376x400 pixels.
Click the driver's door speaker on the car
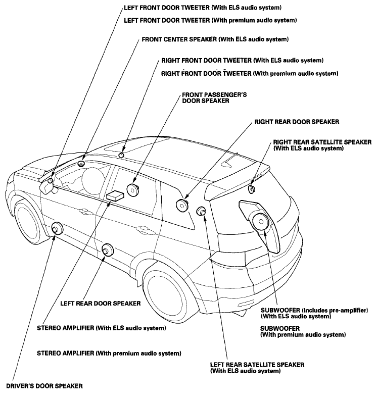(x=57, y=228)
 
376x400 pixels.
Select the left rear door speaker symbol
(x=107, y=249)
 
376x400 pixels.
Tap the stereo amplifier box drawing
(x=115, y=195)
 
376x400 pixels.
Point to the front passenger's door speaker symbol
(x=132, y=189)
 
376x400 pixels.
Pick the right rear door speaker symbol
(x=182, y=206)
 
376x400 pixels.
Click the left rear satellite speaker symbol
(x=201, y=211)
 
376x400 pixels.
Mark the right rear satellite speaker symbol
(x=252, y=189)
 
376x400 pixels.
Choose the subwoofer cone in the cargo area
(x=260, y=221)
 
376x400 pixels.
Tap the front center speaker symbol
(x=81, y=163)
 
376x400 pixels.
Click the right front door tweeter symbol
(x=121, y=155)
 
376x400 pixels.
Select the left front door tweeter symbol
(x=51, y=181)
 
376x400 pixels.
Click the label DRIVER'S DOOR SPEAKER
(x=44, y=386)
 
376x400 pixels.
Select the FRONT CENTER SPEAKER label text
(x=179, y=39)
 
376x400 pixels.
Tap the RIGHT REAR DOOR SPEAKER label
(x=297, y=122)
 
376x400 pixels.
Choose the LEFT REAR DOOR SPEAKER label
(x=101, y=304)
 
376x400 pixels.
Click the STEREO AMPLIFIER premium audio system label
(x=109, y=354)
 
